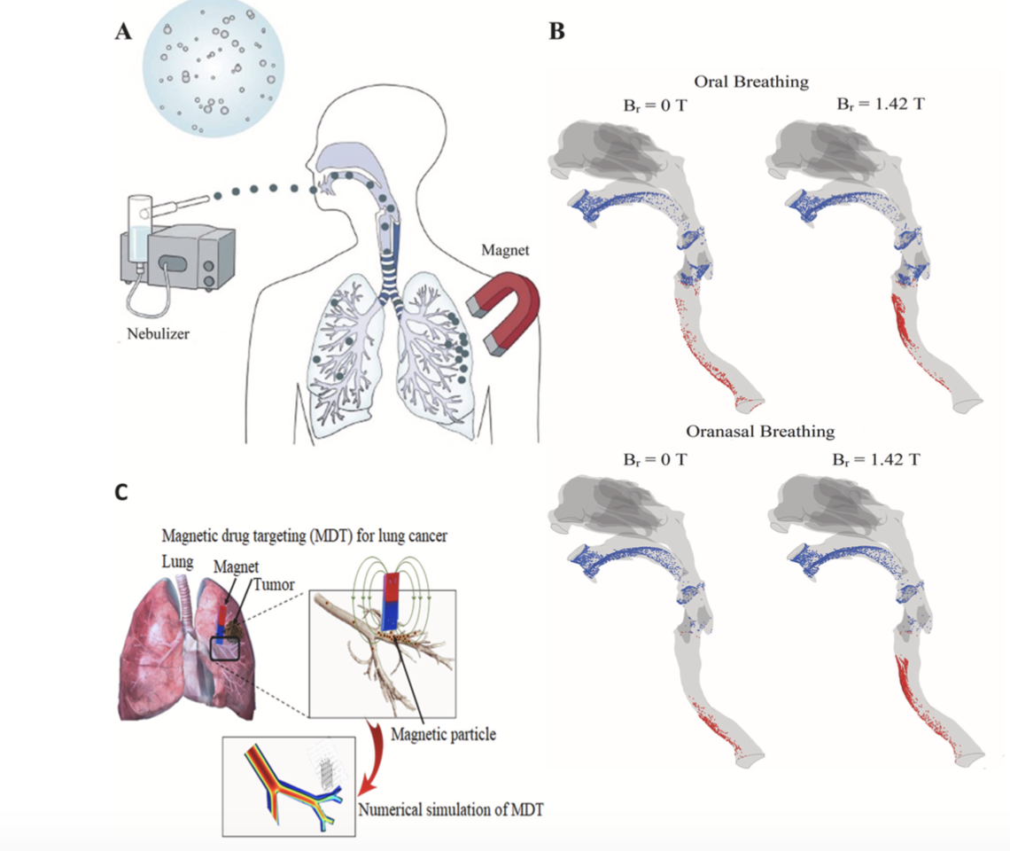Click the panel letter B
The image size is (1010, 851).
coord(556,31)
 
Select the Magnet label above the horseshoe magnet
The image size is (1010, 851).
coord(505,252)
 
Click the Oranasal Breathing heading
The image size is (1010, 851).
coord(760,432)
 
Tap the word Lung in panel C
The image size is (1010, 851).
coord(176,561)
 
